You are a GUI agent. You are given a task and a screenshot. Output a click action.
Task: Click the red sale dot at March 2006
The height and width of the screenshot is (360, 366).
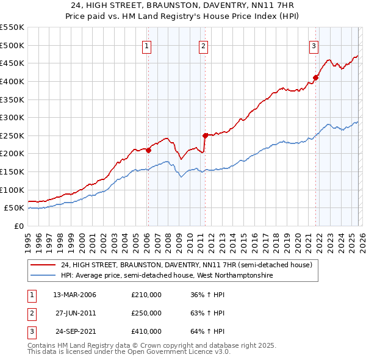pos(148,150)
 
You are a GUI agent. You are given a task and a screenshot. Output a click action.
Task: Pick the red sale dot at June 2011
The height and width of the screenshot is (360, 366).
pos(205,135)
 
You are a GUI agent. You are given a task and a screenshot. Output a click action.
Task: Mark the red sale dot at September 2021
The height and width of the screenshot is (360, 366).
pos(316,77)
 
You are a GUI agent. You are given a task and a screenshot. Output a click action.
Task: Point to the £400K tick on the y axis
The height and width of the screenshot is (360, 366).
pos(13,81)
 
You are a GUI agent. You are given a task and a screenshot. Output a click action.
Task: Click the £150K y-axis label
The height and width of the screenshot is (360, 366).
pos(13,172)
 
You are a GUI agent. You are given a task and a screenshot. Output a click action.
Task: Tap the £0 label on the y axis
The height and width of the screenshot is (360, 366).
pos(18,226)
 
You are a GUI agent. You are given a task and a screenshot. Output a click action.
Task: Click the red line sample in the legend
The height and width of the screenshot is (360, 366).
pos(41,265)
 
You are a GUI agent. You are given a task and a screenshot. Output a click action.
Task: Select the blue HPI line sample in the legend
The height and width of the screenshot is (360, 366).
pos(41,276)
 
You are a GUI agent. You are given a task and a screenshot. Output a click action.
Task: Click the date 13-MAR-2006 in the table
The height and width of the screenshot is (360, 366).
pos(74,295)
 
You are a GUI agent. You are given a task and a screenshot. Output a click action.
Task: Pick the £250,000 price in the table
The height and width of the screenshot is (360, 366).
pos(146,313)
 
